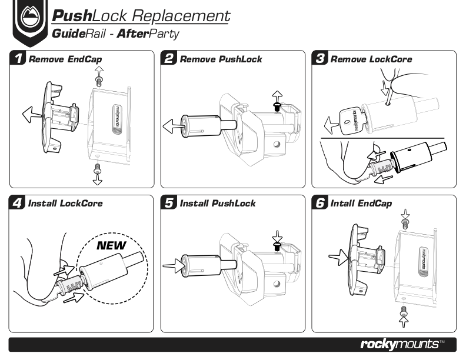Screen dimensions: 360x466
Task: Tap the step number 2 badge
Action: [x=169, y=59]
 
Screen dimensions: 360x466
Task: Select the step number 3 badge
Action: [x=321, y=59]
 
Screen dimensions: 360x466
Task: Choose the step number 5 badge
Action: [x=169, y=204]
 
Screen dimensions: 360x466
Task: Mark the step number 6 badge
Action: [x=321, y=204]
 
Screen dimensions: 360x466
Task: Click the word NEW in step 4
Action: [x=112, y=245]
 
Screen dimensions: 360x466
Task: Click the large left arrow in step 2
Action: [x=172, y=125]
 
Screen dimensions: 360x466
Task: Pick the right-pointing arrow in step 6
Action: [x=338, y=256]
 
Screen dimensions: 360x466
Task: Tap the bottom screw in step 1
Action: [x=98, y=169]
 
